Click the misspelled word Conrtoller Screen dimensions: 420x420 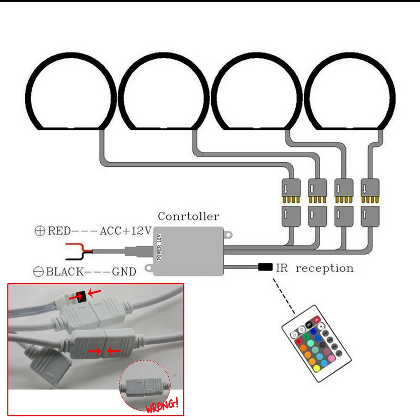(x=189, y=216)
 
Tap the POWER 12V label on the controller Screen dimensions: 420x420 (x=159, y=247)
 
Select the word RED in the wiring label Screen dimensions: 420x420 (x=59, y=231)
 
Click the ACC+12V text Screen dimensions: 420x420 (x=126, y=231)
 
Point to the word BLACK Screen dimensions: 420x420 (x=65, y=272)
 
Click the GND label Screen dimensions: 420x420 (x=124, y=272)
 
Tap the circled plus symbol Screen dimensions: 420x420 (x=40, y=231)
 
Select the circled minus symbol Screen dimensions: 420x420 (x=38, y=272)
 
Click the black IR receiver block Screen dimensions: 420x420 (x=265, y=267)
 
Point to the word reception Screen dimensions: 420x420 (x=325, y=268)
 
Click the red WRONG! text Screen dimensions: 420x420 (x=162, y=406)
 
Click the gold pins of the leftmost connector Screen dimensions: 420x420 (x=291, y=200)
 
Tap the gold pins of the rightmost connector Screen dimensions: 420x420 (x=370, y=200)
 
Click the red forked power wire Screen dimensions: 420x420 (x=80, y=246)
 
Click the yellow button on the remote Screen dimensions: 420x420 (x=317, y=369)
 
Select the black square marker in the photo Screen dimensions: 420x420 (x=82, y=297)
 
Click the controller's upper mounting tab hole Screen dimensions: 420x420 (x=228, y=235)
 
